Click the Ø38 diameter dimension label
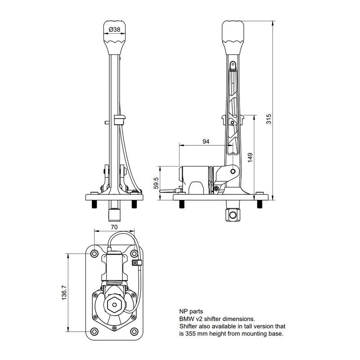click(x=114, y=30)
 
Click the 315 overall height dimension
click(x=269, y=118)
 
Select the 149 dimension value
click(x=250, y=156)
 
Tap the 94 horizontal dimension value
click(x=206, y=142)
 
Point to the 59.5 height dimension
click(x=156, y=184)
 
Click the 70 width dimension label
click(x=114, y=227)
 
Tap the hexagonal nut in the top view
click(x=114, y=306)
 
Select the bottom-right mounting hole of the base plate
click(x=134, y=332)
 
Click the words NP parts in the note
click(x=191, y=311)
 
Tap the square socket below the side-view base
click(x=232, y=215)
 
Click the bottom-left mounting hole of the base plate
click(x=94, y=332)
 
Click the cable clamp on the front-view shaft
click(x=120, y=119)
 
